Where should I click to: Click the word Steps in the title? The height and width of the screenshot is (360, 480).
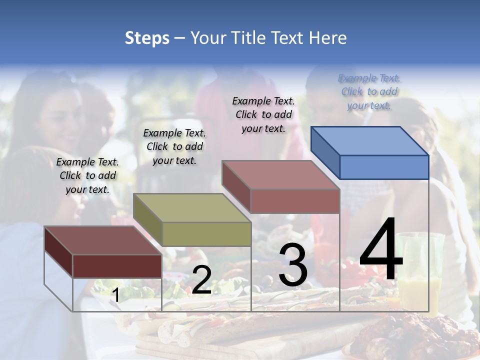(x=147, y=38)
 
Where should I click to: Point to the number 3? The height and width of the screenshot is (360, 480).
(x=292, y=265)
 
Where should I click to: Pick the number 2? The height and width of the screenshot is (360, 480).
(x=201, y=280)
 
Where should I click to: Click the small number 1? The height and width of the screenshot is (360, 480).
(x=115, y=295)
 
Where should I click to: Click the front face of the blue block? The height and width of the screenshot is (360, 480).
(x=384, y=167)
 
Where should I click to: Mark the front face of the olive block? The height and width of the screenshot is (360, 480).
(x=206, y=234)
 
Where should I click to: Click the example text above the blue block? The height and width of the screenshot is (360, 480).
(x=369, y=91)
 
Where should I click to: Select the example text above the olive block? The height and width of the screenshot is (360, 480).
(x=174, y=146)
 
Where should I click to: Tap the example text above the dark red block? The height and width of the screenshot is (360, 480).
(x=87, y=175)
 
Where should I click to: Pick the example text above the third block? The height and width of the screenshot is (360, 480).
(x=263, y=114)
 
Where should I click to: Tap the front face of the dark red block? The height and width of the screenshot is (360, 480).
(x=117, y=266)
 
